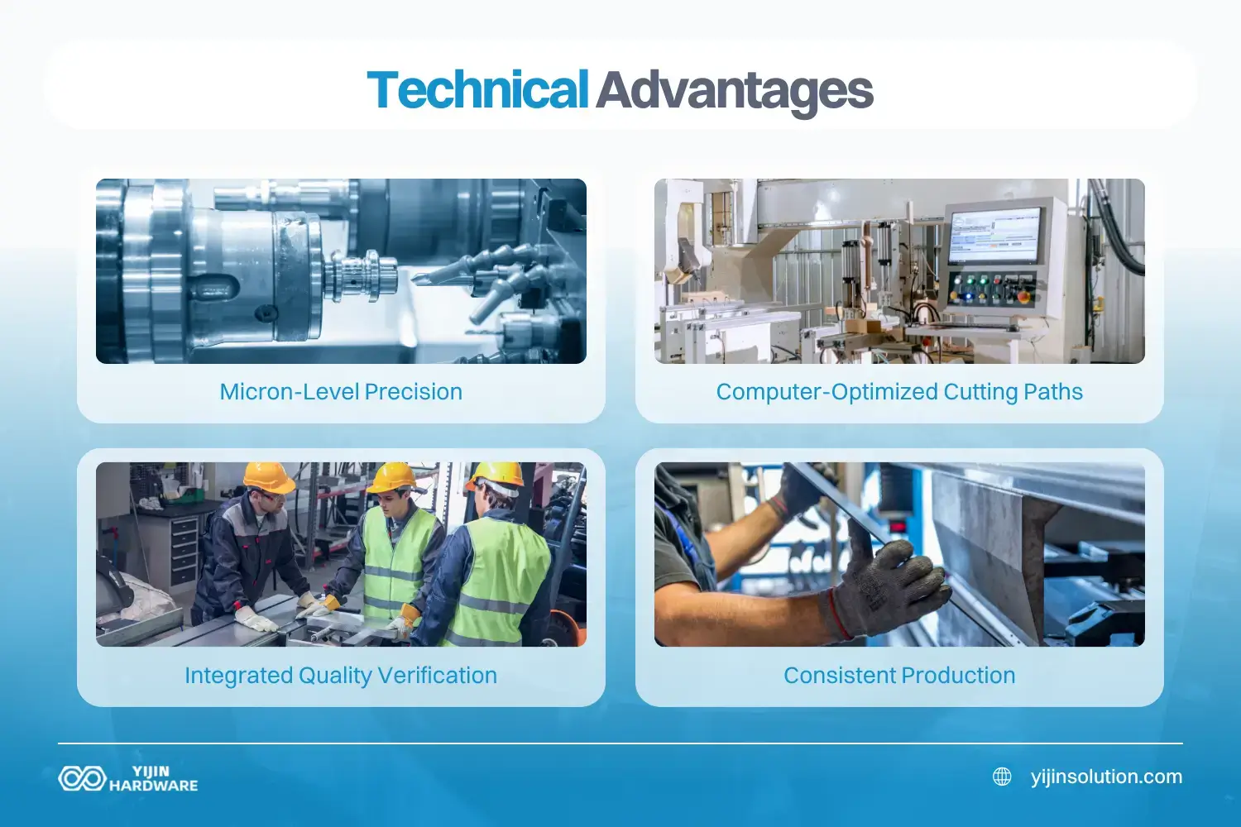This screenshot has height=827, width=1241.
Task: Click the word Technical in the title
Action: tap(477, 90)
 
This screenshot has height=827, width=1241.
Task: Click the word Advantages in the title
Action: tap(735, 90)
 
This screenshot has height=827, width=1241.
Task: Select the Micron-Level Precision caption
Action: tap(341, 392)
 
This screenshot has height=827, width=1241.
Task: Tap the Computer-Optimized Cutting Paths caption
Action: tap(899, 392)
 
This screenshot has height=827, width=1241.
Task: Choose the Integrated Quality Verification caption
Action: tap(341, 676)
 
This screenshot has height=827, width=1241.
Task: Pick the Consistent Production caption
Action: tap(899, 676)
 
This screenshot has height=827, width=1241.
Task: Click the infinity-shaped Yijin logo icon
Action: tap(81, 778)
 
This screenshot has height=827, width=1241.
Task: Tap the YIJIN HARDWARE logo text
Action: tap(153, 778)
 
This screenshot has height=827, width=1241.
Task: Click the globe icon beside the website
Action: tap(1002, 777)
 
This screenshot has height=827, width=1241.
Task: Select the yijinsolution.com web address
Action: tap(1106, 777)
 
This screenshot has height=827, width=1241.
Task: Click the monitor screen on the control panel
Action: tap(994, 236)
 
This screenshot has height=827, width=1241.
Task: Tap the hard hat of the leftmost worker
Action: tap(268, 477)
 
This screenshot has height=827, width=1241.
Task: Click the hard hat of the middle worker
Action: tap(391, 476)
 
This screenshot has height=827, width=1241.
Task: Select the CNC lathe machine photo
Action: tap(341, 271)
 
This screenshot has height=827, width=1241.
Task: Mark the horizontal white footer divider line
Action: tap(620, 743)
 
